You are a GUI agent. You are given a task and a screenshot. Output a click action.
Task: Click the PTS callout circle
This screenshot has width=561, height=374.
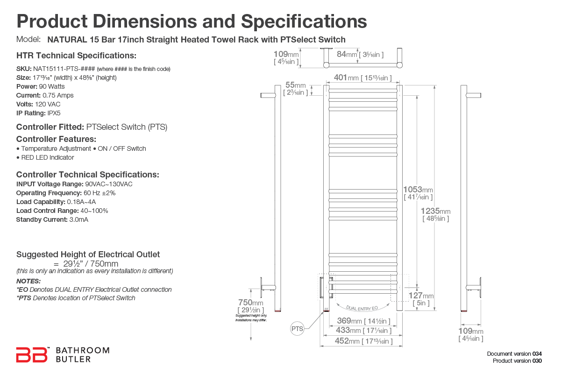tap(297, 329)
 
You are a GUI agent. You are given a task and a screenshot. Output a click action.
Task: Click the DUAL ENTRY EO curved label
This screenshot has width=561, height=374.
tap(362, 307)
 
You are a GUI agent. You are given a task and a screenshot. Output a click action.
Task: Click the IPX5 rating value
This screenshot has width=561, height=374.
tap(54, 113)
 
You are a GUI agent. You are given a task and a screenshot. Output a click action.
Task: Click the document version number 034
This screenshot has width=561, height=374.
tap(537, 353)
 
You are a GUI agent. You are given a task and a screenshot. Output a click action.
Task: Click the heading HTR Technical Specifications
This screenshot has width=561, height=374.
tap(76, 56)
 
